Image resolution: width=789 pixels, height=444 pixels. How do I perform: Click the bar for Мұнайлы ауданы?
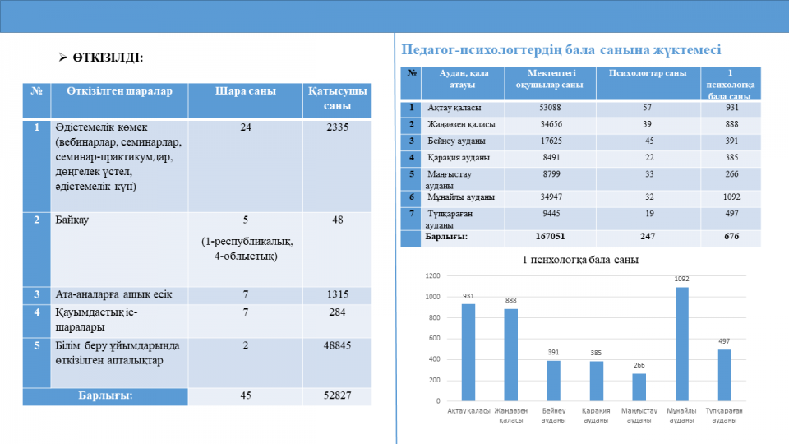681,344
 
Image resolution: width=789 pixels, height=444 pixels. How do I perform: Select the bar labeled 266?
639,387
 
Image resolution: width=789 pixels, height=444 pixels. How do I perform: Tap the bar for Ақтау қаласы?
468,353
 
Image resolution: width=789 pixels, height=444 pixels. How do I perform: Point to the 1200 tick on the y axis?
432,276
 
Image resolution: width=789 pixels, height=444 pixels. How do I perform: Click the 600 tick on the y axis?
434,338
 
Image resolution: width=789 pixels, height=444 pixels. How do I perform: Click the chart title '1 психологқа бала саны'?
580,260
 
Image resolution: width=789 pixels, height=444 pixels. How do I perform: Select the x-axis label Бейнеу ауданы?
553,415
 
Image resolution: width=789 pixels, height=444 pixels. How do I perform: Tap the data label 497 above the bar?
724,341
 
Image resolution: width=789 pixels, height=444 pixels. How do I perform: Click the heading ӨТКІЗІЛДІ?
108,58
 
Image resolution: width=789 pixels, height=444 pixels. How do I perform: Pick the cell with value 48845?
337,346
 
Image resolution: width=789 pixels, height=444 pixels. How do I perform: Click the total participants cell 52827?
337,395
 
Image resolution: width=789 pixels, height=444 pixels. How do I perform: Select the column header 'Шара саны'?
246,91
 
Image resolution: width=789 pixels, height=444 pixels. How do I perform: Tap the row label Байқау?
72,220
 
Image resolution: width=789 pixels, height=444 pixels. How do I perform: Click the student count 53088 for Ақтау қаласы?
550,108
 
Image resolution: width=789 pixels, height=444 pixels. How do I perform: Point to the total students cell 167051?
550,237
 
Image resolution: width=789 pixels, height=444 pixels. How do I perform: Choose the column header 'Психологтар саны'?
648,73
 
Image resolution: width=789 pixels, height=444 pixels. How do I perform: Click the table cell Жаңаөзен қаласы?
461,124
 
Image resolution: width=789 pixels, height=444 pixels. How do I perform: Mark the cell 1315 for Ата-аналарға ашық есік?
337,294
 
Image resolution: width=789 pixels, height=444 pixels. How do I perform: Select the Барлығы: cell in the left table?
105,395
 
